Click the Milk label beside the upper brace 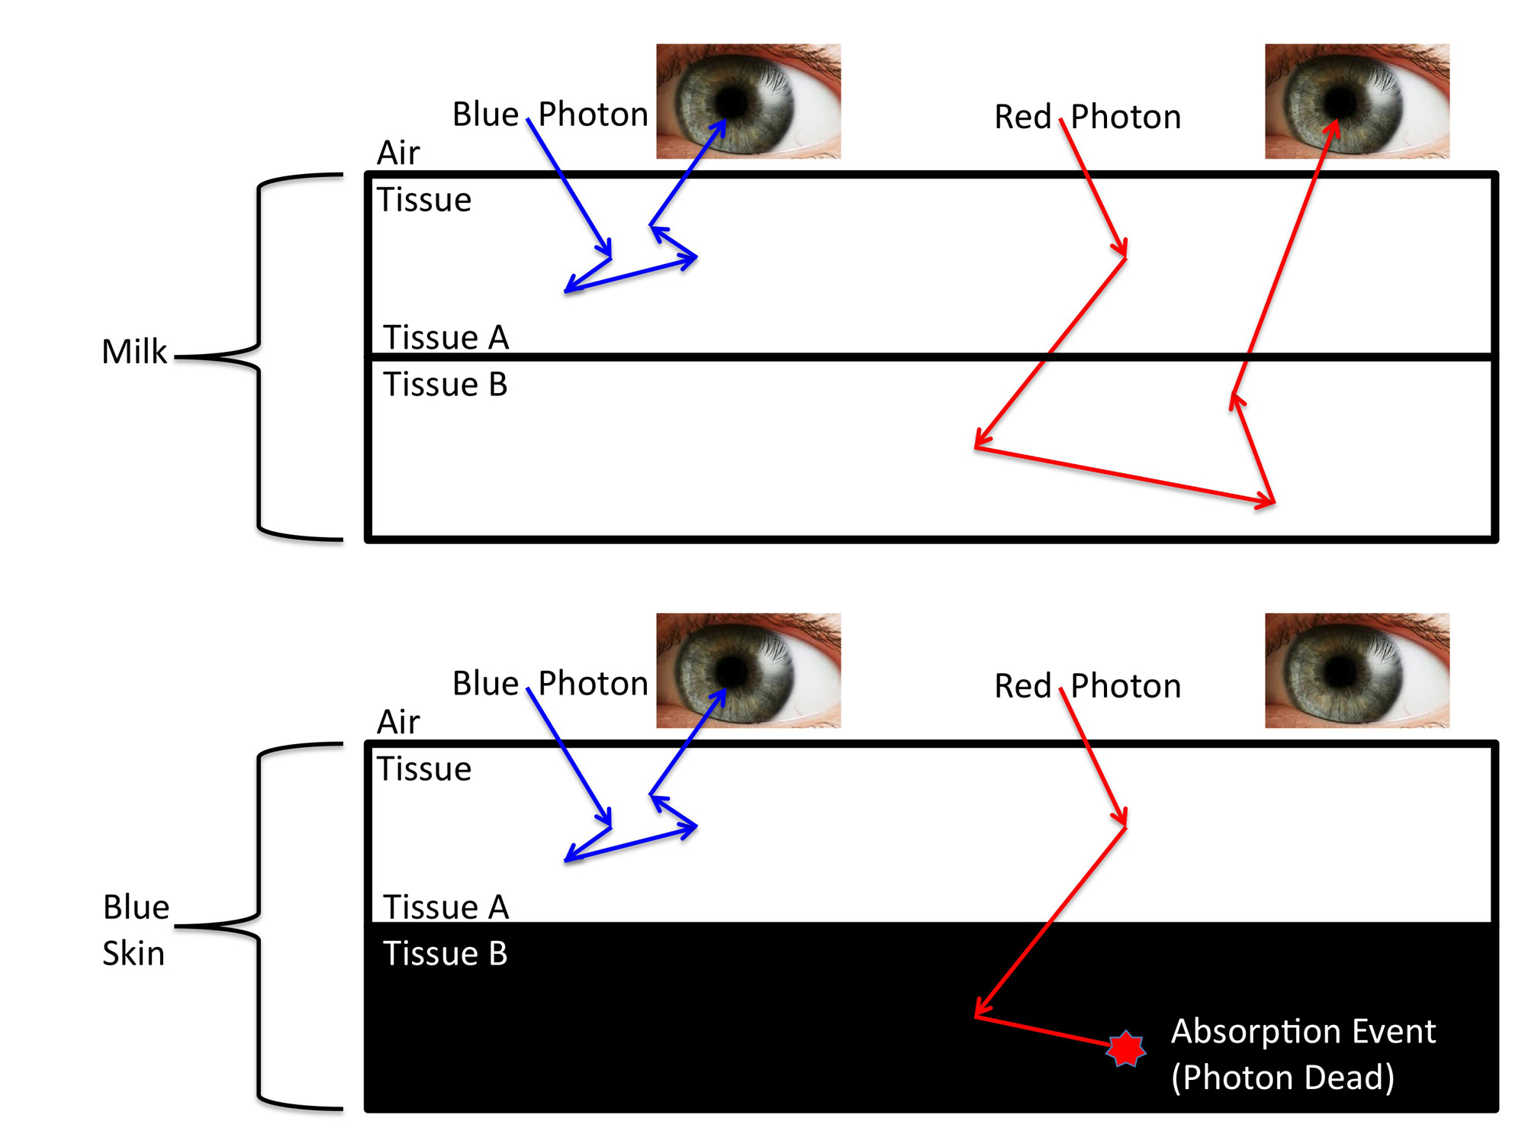pyautogui.click(x=134, y=352)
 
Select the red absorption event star pyautogui.click(x=1126, y=1049)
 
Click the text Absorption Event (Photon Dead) pyautogui.click(x=1302, y=1054)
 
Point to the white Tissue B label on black pyautogui.click(x=445, y=953)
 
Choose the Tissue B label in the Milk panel pyautogui.click(x=445, y=384)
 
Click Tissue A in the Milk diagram pyautogui.click(x=446, y=337)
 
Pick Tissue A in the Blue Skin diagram pyautogui.click(x=446, y=907)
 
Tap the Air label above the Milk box pyautogui.click(x=398, y=153)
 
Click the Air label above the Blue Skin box pyautogui.click(x=398, y=722)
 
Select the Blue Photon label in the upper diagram pyautogui.click(x=550, y=114)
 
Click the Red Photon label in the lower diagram pyautogui.click(x=1087, y=685)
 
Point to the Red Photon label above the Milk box pyautogui.click(x=1087, y=117)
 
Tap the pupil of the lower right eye pyautogui.click(x=1340, y=671)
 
